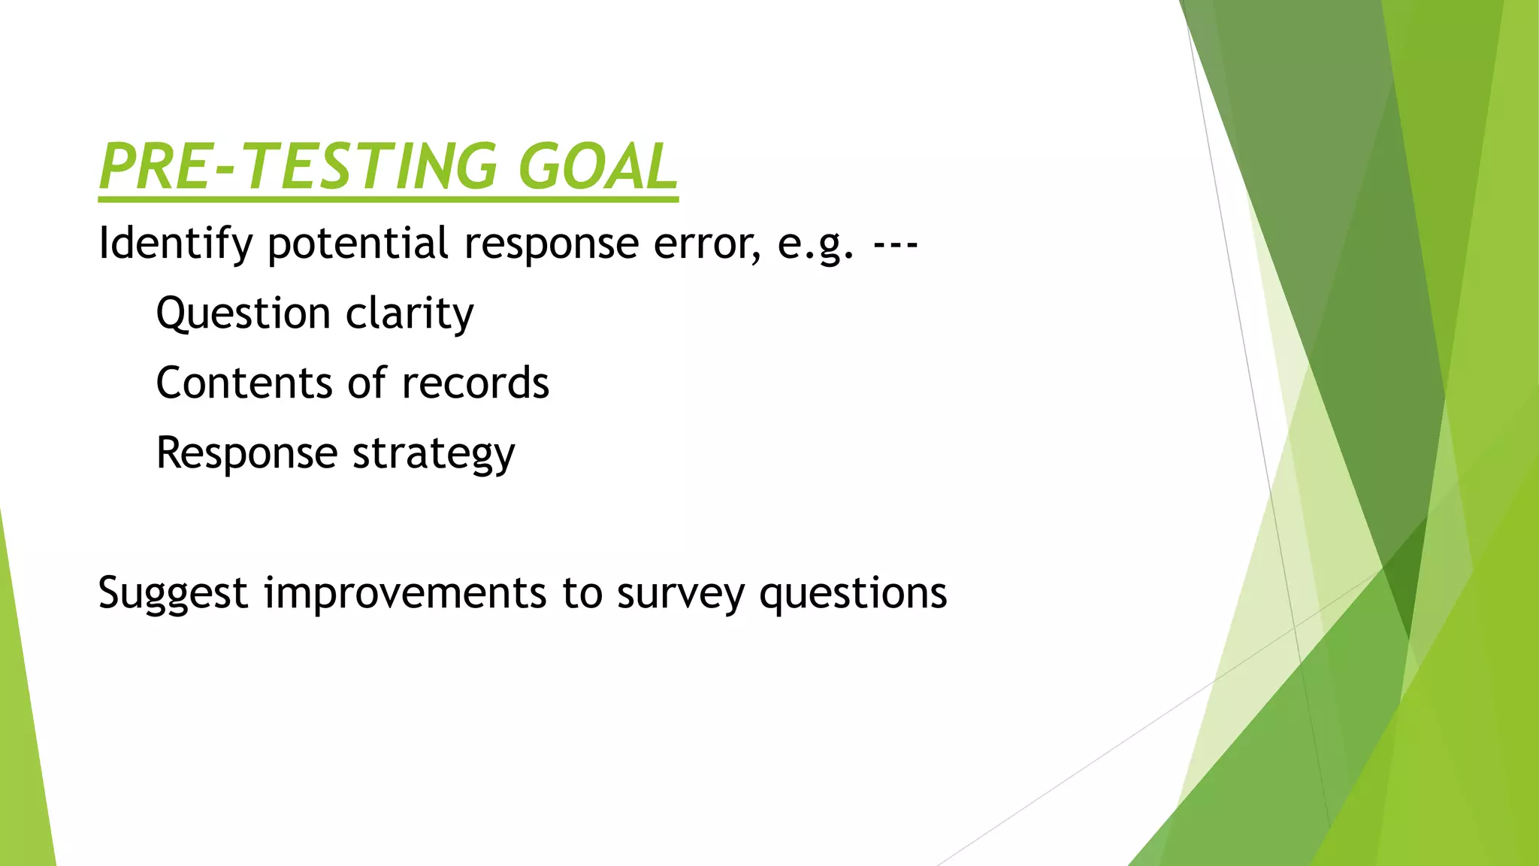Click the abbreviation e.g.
coord(815,244)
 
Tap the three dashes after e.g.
coord(896,244)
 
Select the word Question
coord(243,313)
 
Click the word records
coord(475,383)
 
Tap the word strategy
coord(434,454)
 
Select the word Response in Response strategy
coord(246,454)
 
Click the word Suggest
coord(172,594)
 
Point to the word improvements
coord(405,594)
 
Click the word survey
coord(680,594)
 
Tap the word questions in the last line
coord(853,594)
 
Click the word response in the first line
coord(551,244)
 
